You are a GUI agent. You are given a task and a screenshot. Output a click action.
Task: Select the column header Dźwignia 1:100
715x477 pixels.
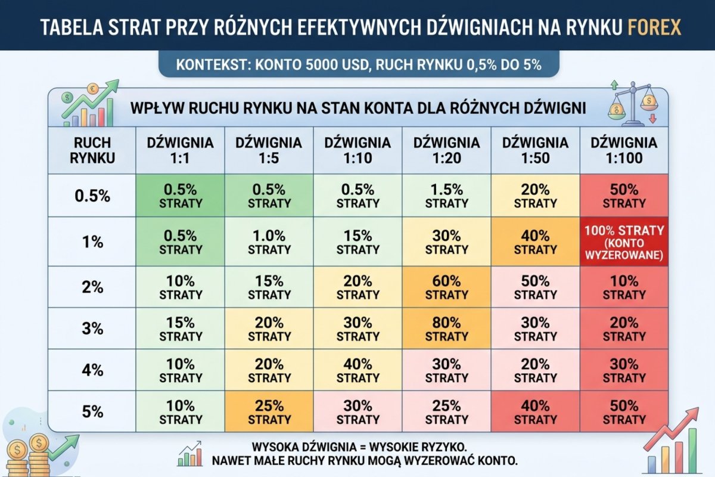[x=624, y=150]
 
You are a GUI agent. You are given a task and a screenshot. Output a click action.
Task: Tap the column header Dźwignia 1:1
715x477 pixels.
[x=181, y=150]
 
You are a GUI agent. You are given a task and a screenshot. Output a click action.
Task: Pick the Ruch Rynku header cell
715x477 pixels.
[x=92, y=150]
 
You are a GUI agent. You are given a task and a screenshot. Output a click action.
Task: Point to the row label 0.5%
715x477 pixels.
[x=92, y=196]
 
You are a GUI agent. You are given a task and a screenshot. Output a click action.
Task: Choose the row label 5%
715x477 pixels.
[x=92, y=411]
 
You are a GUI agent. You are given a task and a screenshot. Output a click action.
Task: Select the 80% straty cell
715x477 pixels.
[x=446, y=329]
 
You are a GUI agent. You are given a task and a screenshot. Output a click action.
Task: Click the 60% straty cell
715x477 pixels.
[x=446, y=287]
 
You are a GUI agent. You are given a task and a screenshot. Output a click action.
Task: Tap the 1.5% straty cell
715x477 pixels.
[x=446, y=196]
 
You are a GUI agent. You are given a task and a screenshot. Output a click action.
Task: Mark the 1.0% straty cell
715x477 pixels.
[x=269, y=242]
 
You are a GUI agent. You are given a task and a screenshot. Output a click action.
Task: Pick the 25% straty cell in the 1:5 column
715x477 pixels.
[x=269, y=411]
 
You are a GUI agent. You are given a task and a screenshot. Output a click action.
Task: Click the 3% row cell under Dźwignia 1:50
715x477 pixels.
[x=535, y=329]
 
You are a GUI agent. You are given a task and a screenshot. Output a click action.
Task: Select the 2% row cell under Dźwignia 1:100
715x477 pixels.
[x=624, y=287]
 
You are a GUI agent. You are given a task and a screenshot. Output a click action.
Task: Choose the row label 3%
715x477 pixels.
[x=92, y=329]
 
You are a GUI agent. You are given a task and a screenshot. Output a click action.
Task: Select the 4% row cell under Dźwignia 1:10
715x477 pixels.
[x=357, y=370]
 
